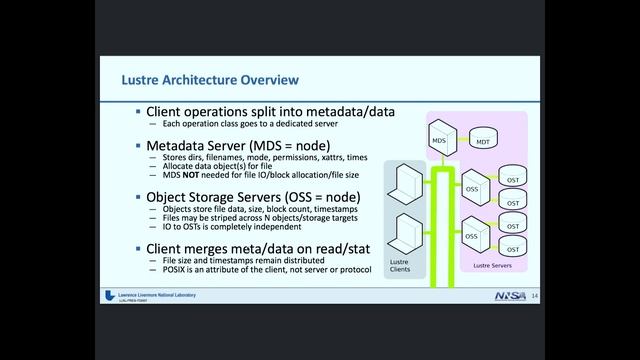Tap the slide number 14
click(535, 297)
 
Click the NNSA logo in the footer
click(509, 297)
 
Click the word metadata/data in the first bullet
click(336, 110)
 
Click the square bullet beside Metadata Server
click(138, 145)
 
